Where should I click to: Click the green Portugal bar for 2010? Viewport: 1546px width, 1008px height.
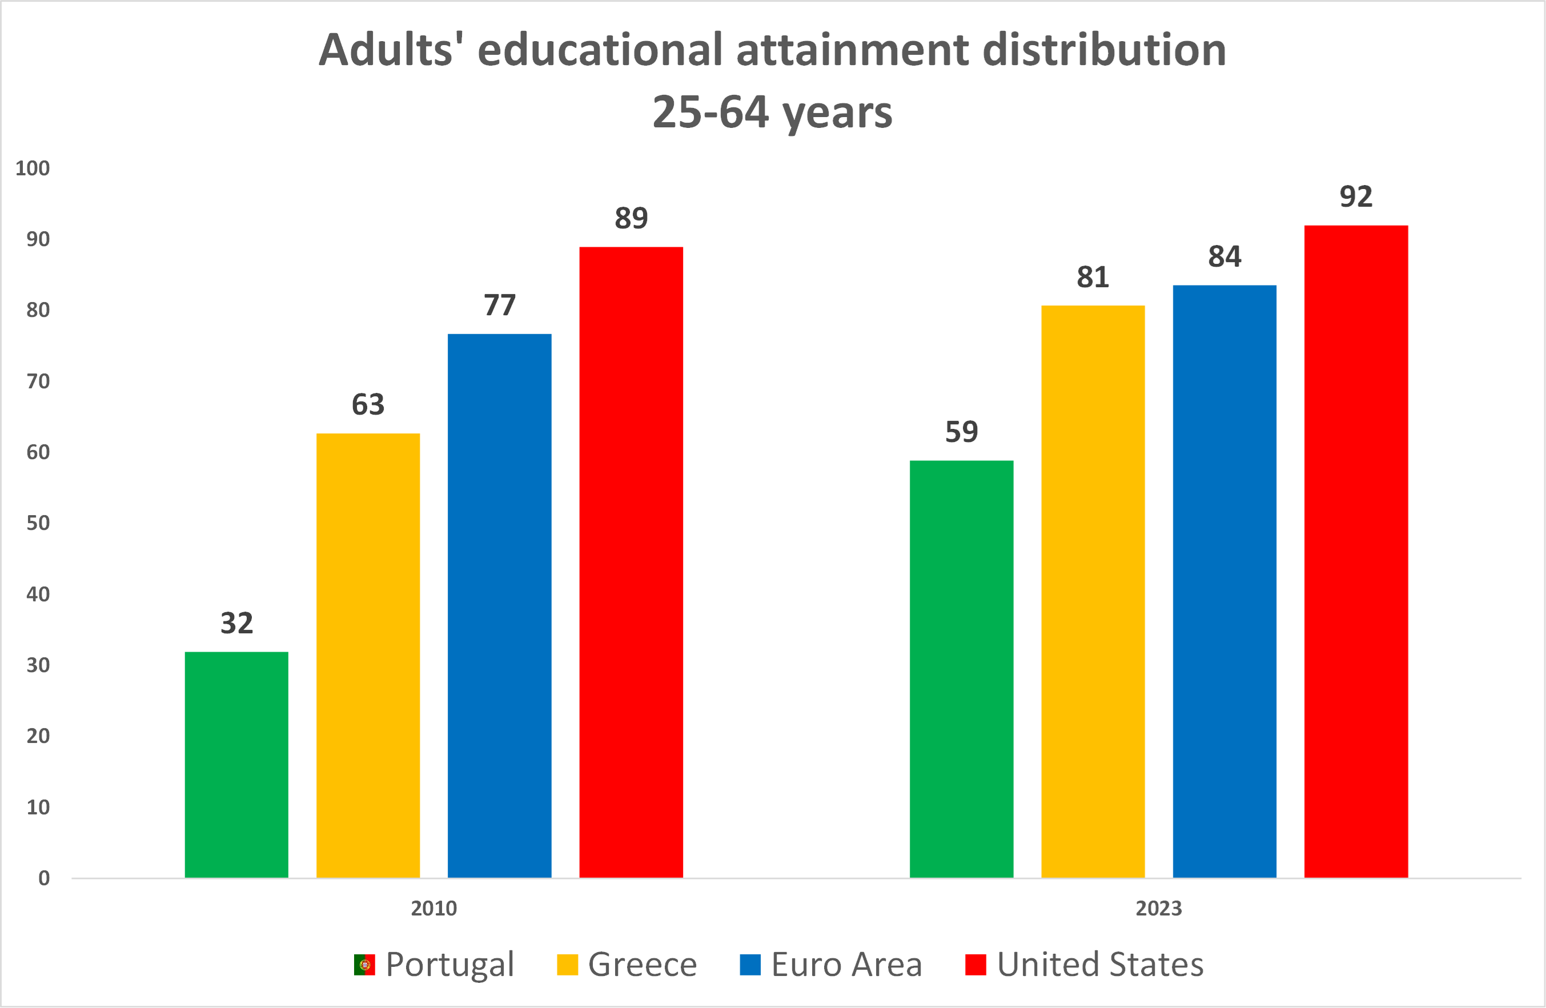coord(236,765)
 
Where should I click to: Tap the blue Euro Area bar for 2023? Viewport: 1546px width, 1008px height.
coord(1224,581)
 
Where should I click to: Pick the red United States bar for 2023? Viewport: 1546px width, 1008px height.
coord(1356,552)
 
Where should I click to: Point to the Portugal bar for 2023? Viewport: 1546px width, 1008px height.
coord(961,669)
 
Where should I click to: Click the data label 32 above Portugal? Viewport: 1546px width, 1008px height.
coord(236,623)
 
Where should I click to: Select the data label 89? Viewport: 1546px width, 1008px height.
coord(631,218)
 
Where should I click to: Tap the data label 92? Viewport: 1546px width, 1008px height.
coord(1356,196)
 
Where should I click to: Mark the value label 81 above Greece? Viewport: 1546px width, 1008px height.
coord(1093,278)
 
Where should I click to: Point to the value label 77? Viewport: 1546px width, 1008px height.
coord(500,304)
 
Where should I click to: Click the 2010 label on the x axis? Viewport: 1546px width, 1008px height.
coord(433,908)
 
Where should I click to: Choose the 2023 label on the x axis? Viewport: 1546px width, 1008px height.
coord(1158,908)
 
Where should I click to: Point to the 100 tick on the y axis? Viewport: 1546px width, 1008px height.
coord(33,168)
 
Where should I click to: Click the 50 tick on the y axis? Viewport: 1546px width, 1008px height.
coord(38,523)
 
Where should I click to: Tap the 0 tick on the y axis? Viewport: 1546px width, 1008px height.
coord(43,878)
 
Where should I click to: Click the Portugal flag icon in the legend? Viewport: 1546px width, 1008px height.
coord(364,965)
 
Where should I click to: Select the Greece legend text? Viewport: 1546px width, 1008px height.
coord(642,965)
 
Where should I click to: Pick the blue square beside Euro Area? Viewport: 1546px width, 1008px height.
coord(750,965)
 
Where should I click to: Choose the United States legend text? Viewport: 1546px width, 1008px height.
coord(1100,965)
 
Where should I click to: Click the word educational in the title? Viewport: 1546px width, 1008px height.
coord(600,50)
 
